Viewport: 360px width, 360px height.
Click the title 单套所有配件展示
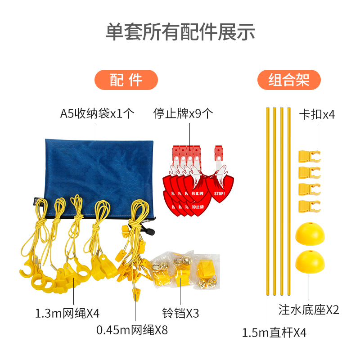180,31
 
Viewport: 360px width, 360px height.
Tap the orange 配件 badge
126,81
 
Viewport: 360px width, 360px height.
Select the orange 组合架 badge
289,81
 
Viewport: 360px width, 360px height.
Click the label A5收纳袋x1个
97,112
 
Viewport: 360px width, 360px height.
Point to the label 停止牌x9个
183,112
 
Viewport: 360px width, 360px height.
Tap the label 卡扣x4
317,114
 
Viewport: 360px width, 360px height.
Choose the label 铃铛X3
180,313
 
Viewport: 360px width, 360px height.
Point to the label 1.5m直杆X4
274,333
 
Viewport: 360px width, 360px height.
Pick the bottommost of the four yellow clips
309,206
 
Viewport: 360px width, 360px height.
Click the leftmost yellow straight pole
267,200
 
